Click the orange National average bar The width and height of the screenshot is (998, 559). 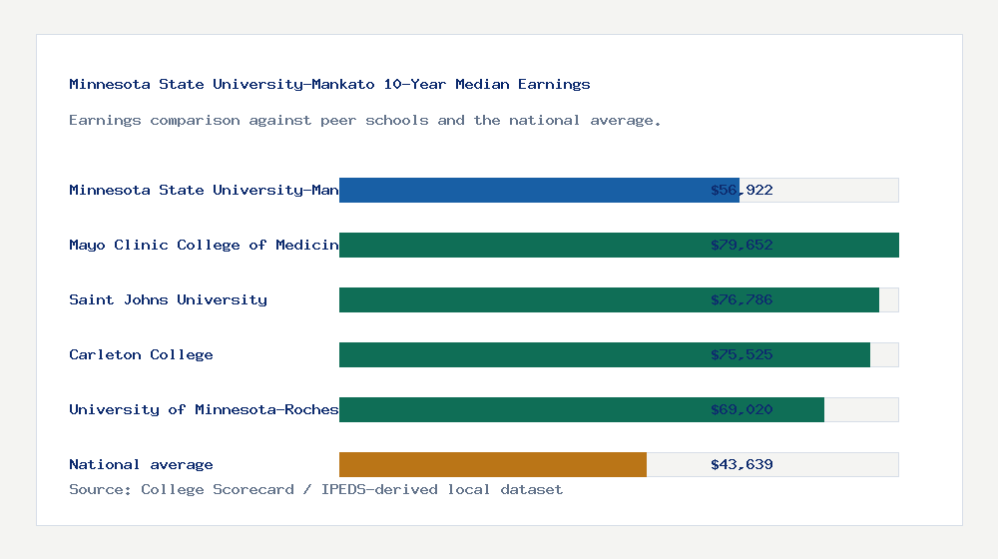coord(493,464)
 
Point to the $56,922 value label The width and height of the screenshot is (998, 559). coord(742,190)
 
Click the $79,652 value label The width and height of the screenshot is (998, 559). coord(742,245)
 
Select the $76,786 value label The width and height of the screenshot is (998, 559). coord(742,299)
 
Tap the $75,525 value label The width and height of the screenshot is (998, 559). coord(742,354)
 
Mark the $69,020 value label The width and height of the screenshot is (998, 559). coord(742,409)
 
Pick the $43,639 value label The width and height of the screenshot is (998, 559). coord(742,464)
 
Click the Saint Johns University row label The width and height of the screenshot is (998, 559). coord(168,299)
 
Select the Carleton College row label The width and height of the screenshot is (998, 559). coord(141,354)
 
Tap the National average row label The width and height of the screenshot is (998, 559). coord(141,464)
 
